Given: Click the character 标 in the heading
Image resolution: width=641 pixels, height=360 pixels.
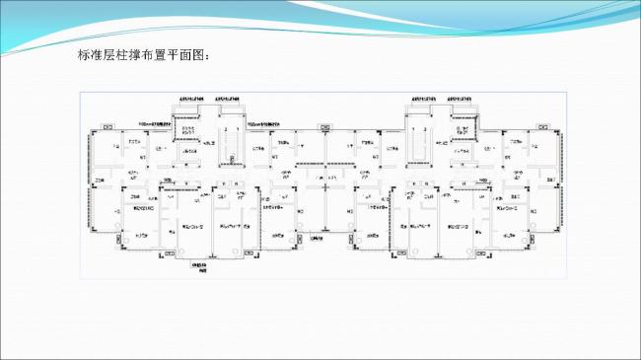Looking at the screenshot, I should [84, 55].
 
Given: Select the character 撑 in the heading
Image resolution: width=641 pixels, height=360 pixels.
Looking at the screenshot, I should [136, 55].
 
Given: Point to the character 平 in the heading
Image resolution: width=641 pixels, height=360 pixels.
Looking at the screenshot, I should [176, 55].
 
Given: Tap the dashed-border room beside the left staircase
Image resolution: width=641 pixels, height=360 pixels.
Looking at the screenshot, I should [188, 137].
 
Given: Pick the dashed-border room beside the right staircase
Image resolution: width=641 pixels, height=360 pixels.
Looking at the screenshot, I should [460, 137].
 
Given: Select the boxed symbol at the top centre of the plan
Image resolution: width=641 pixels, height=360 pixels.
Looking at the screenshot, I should [323, 126].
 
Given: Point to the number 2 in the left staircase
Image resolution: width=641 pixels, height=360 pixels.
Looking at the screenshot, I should [226, 129].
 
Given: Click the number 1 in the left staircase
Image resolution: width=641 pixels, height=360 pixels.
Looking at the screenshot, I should [237, 129].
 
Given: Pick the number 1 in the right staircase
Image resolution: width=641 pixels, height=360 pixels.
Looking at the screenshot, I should [412, 129].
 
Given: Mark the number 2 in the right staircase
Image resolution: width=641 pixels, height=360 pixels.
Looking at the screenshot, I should [423, 129].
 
